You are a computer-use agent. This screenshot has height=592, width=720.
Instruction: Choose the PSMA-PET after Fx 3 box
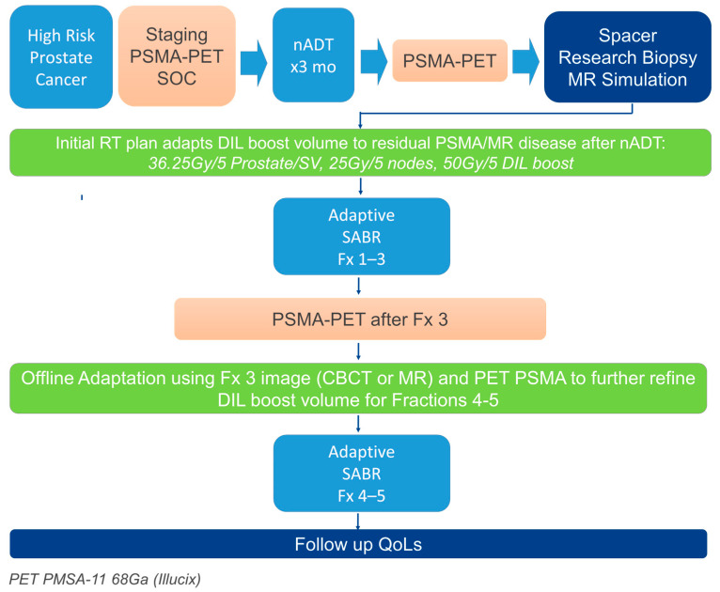[x=360, y=319]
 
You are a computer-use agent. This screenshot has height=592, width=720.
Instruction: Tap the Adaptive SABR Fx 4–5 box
[x=360, y=475]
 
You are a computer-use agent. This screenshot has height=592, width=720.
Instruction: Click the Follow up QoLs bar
[x=358, y=544]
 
